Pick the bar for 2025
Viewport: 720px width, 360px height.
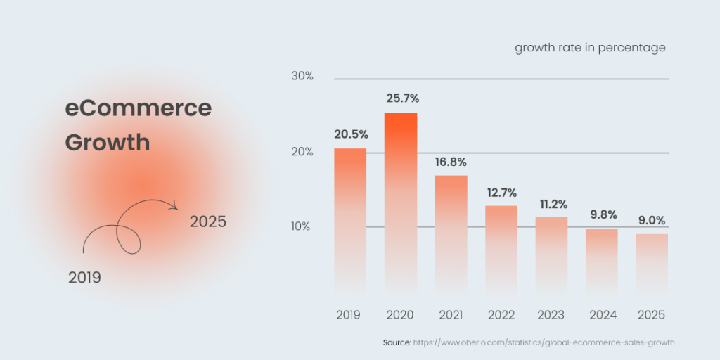652,263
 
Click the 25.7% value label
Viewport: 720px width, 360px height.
402,98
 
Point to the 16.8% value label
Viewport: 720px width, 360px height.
451,162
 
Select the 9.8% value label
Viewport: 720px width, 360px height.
602,215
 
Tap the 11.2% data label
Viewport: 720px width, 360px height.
551,204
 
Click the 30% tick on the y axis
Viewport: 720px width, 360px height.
302,76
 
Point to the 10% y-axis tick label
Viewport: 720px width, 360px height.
302,226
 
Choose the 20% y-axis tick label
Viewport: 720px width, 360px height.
302,152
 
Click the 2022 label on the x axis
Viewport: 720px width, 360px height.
501,315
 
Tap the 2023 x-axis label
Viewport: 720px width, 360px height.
551,315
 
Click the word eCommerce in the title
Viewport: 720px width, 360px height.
139,108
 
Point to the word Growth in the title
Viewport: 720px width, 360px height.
108,143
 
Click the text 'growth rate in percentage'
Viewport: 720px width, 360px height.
590,48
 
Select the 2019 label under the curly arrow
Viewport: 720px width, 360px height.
84,278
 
